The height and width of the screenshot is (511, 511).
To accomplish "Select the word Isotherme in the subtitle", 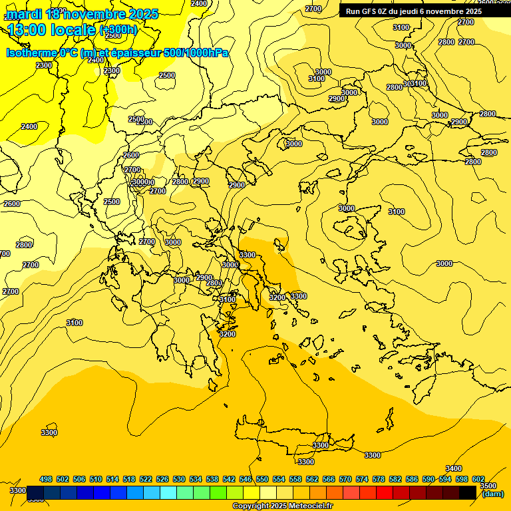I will pos(31,53).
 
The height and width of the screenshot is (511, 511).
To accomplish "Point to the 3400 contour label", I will pos(454,469).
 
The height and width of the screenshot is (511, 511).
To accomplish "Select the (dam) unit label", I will pos(492,494).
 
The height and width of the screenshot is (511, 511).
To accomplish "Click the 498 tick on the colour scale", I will pos(46,479).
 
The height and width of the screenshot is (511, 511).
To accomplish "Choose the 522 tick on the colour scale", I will pos(146,479).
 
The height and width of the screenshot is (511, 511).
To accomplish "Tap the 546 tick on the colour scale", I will pos(246,479).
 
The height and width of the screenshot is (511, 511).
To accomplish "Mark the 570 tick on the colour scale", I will pos(345,479).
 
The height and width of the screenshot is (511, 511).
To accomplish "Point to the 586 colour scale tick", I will pos(412,479).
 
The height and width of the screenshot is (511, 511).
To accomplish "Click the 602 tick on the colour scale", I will pos(478,479).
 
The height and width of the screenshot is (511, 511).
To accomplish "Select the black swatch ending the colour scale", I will pos(468,492).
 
